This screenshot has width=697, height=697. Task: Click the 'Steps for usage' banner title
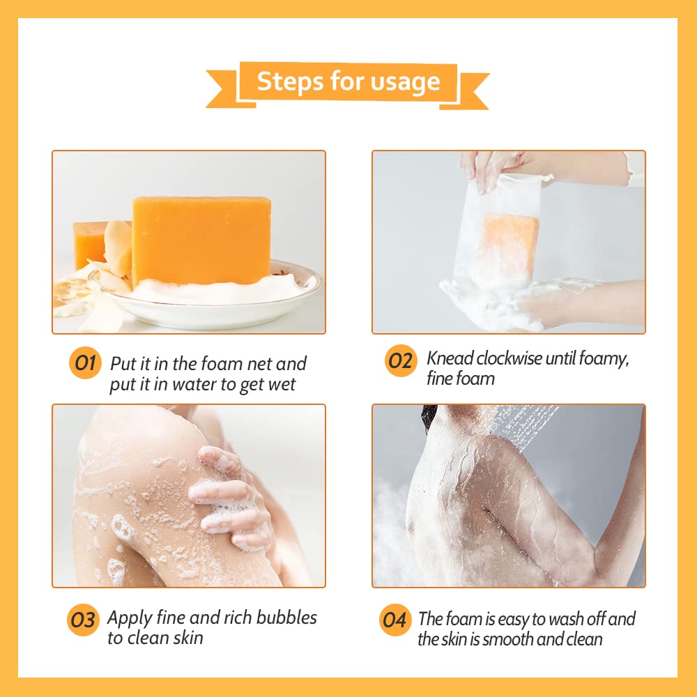click(x=348, y=82)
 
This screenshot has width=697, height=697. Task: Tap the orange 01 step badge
click(x=85, y=362)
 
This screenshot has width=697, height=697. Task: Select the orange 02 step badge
click(x=401, y=360)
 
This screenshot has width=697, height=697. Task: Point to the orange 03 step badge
click(x=83, y=620)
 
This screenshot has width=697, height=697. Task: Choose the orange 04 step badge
click(x=395, y=620)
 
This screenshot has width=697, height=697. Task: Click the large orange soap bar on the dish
click(x=202, y=240)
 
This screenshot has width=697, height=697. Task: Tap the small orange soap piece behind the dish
click(x=90, y=244)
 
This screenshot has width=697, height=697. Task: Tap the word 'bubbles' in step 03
click(x=286, y=618)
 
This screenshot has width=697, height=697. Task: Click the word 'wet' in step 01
click(x=281, y=385)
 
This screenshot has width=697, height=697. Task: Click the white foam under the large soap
click(x=217, y=291)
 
